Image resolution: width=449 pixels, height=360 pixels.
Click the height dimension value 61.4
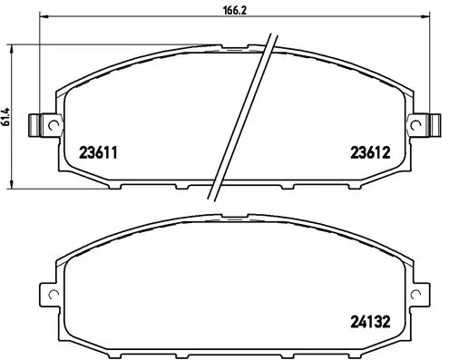(x=7, y=116)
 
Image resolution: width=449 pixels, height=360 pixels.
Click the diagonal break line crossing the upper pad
(x=243, y=118)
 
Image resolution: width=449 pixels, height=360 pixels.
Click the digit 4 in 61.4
(x=7, y=107)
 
